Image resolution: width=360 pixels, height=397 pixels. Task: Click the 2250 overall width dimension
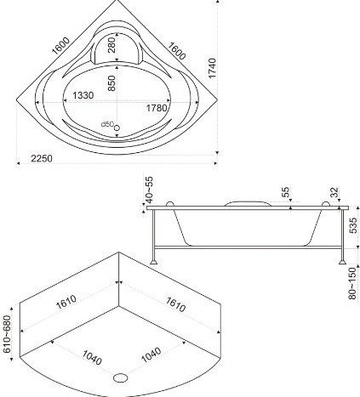click(x=42, y=158)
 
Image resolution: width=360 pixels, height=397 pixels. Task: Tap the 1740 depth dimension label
click(x=212, y=68)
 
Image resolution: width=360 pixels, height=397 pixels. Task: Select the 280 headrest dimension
click(x=112, y=45)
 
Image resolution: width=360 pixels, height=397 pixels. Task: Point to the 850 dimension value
click(x=112, y=83)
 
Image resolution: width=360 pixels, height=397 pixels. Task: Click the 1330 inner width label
click(x=83, y=95)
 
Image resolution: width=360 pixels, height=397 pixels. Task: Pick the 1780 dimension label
click(x=157, y=108)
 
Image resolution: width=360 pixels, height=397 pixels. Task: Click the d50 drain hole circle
click(x=117, y=128)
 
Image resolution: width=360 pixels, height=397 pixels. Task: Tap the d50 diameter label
click(x=107, y=124)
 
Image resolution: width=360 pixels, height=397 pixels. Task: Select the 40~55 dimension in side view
click(x=149, y=190)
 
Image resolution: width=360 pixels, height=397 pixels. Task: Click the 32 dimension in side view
click(x=335, y=192)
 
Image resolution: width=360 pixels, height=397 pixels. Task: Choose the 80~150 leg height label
click(x=352, y=283)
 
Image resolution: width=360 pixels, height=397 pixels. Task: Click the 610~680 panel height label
click(x=7, y=334)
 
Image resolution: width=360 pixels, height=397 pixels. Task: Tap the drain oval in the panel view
click(x=121, y=377)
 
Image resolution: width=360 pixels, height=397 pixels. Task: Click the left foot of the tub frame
click(x=154, y=261)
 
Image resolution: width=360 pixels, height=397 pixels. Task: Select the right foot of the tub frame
click(x=342, y=261)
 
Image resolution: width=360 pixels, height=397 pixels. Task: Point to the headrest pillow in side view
click(x=248, y=203)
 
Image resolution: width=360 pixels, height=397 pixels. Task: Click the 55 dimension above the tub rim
click(x=286, y=192)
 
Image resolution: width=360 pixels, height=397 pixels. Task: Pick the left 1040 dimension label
click(x=92, y=357)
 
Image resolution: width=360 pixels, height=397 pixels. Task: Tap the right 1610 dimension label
click(x=175, y=304)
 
